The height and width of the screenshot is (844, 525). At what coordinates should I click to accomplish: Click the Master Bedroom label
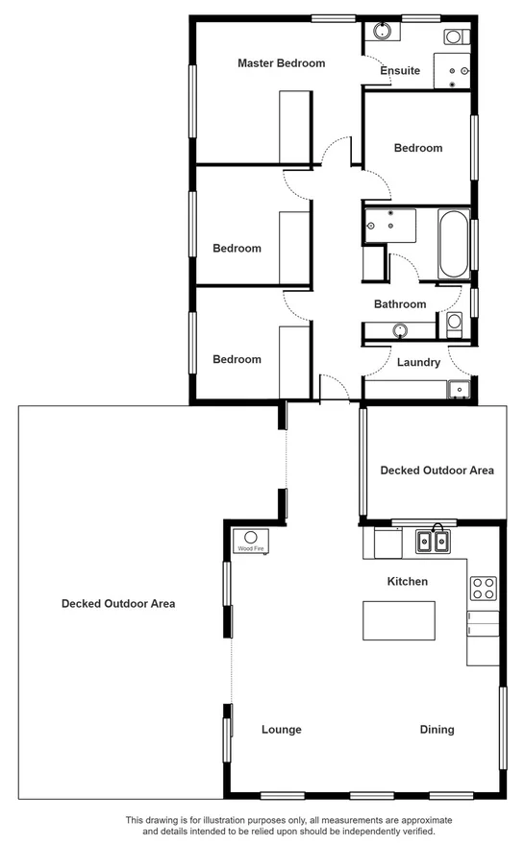pyautogui.click(x=281, y=63)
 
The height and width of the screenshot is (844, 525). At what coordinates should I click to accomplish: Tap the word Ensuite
pyautogui.click(x=400, y=71)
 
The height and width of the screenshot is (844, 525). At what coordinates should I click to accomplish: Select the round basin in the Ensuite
pyautogui.click(x=382, y=31)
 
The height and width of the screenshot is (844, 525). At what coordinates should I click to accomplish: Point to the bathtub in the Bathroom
pyautogui.click(x=452, y=244)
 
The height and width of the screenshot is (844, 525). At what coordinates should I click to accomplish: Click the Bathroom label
pyautogui.click(x=400, y=304)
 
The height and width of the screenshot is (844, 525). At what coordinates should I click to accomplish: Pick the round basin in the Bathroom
pyautogui.click(x=399, y=331)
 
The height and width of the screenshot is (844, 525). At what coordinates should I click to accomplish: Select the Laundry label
pyautogui.click(x=418, y=363)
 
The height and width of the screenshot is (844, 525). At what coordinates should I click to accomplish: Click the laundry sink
pyautogui.click(x=459, y=389)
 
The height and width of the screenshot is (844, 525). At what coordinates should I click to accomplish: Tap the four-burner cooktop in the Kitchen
pyautogui.click(x=483, y=587)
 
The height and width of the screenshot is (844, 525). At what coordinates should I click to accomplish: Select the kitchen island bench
pyautogui.click(x=398, y=620)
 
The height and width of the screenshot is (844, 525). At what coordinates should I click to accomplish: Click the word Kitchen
pyautogui.click(x=407, y=582)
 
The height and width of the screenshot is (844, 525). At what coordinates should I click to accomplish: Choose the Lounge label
pyautogui.click(x=281, y=730)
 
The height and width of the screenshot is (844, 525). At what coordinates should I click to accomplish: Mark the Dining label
pyautogui.click(x=437, y=730)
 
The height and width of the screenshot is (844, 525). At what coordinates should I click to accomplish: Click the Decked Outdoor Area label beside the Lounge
pyautogui.click(x=117, y=604)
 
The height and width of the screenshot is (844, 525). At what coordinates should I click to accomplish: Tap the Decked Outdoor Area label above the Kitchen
pyautogui.click(x=437, y=470)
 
